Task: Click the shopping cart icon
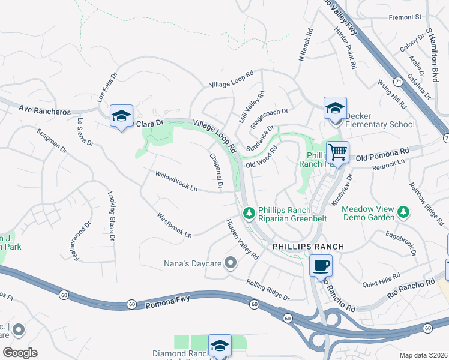[337, 153]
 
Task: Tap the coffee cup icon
[321, 265]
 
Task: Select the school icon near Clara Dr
[121, 116]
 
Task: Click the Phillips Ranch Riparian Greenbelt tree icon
[249, 212]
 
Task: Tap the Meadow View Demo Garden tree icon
[403, 212]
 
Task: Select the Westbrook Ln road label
[174, 224]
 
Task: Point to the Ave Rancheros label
[44, 111]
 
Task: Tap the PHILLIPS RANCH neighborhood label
[308, 247]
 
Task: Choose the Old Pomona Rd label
[382, 155]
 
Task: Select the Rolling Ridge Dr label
[268, 290]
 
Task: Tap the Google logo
[20, 353]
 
